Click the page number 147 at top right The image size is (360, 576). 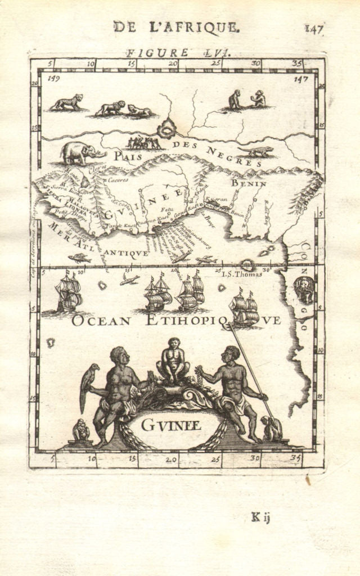[314, 29]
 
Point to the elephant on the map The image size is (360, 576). [82, 152]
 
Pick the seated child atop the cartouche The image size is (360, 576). [173, 361]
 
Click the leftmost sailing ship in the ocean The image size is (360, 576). [69, 292]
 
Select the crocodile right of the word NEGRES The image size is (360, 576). [256, 151]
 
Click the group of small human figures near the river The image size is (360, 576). [144, 143]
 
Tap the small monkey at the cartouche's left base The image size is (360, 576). [82, 430]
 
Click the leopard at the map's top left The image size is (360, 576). [67, 102]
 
